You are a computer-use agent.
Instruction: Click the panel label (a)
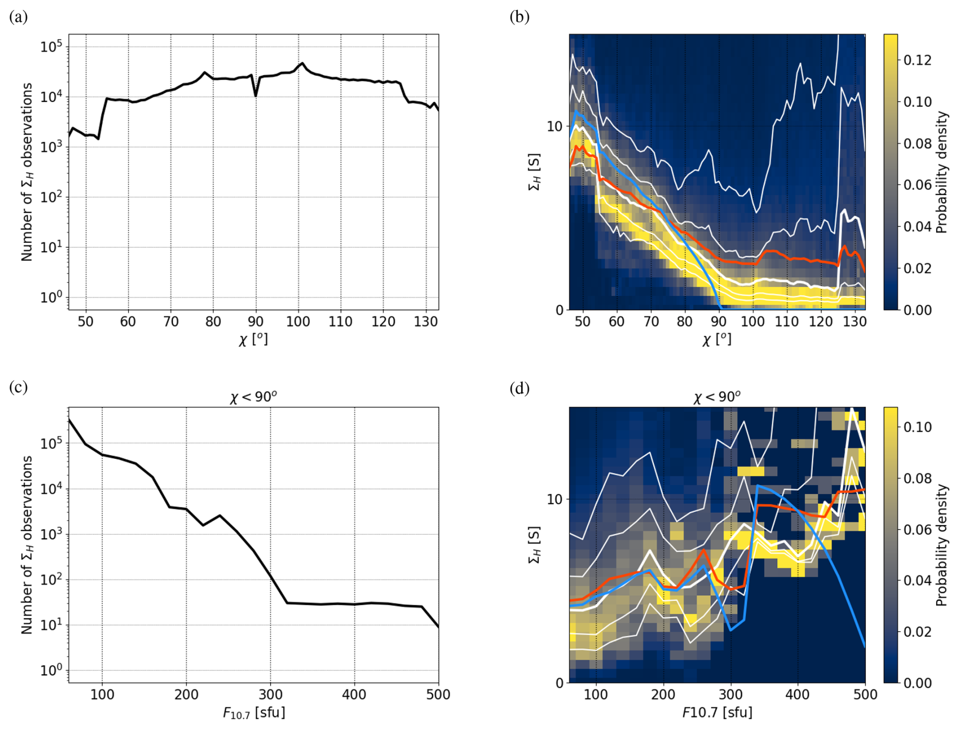point(18,17)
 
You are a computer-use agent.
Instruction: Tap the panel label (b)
point(520,17)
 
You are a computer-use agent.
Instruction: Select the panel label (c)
point(18,388)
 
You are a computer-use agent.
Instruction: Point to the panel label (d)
point(520,389)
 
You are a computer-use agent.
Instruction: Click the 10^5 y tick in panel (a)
point(51,47)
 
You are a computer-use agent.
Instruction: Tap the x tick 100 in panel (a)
point(298,321)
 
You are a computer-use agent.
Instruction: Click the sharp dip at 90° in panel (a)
point(255,95)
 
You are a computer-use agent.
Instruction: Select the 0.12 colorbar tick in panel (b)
point(917,60)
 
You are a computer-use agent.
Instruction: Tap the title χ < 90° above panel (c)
point(253,397)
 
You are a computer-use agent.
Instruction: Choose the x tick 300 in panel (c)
point(270,695)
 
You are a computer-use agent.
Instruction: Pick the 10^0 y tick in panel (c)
point(51,670)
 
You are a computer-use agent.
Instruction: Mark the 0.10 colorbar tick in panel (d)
point(917,427)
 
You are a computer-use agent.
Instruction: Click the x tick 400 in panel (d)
point(798,695)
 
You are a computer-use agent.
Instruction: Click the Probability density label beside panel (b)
point(941,172)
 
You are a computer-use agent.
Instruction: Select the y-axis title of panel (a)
point(26,172)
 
